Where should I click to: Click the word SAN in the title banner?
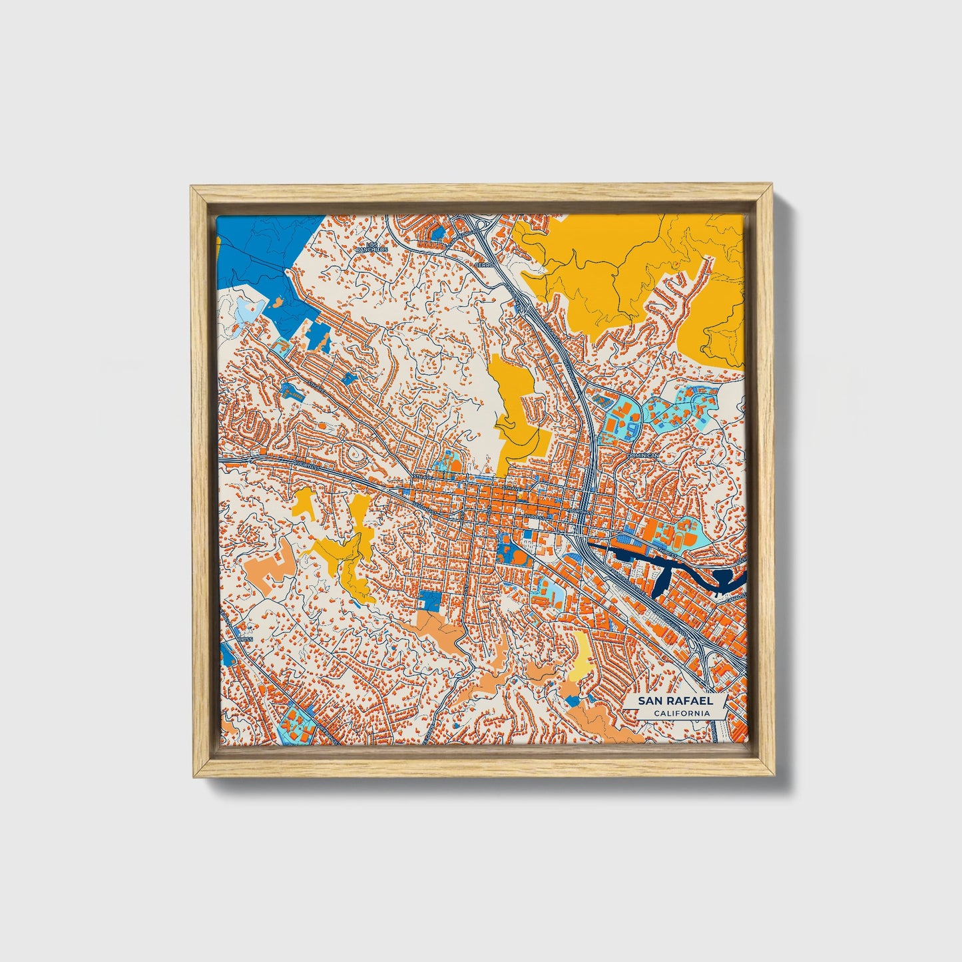[x=650, y=700]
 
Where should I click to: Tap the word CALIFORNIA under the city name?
[x=681, y=713]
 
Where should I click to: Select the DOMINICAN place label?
[x=642, y=455]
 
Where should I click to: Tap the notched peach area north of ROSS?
[x=270, y=566]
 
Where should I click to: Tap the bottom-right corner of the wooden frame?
[x=772, y=776]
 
